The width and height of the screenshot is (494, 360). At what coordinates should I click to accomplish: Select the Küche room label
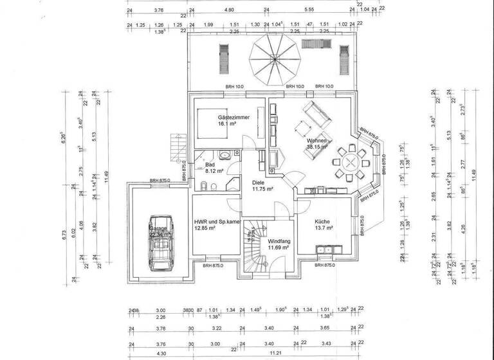coord(324,220)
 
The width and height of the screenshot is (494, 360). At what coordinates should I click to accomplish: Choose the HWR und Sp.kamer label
coord(217,221)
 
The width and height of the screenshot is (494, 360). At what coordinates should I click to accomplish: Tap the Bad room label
coord(210,164)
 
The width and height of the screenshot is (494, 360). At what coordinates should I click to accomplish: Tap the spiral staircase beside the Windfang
coord(255,248)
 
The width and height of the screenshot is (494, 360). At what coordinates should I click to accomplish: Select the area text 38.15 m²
coord(318,147)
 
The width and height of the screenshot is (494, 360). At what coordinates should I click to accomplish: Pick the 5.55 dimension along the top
coord(309,10)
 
